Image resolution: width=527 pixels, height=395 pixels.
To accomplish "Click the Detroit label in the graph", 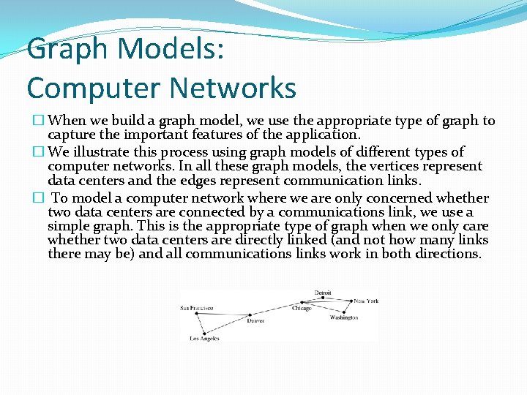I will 323,293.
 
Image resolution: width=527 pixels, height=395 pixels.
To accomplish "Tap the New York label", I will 366,301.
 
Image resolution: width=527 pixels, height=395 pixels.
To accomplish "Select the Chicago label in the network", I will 302,309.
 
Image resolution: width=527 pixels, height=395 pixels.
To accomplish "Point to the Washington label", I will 344,318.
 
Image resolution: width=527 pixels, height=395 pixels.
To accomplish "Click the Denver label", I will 255,321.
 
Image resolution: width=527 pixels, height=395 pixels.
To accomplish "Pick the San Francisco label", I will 196,308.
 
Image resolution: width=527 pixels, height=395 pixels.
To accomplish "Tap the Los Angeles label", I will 204,339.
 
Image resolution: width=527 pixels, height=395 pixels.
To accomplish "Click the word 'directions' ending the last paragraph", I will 449,254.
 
